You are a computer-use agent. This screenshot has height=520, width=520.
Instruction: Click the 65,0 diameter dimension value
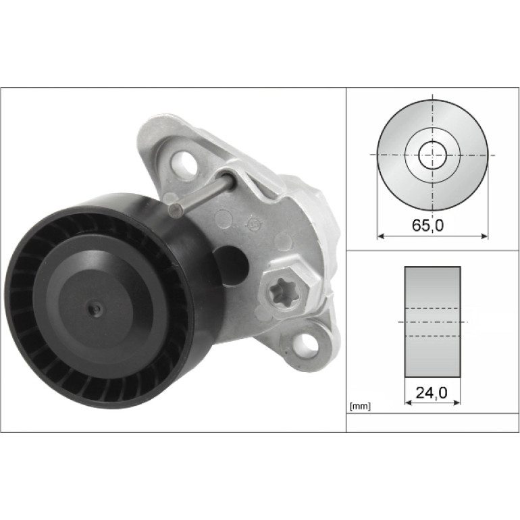pyautogui.click(x=427, y=226)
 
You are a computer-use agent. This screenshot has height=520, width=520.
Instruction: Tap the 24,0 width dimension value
pyautogui.click(x=432, y=393)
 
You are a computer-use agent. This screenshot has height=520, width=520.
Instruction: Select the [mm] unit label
pyautogui.click(x=360, y=407)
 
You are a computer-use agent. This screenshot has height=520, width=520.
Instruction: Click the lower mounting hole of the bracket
pyautogui.click(x=303, y=343)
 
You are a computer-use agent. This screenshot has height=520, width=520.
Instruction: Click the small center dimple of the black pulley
pyautogui.click(x=95, y=309)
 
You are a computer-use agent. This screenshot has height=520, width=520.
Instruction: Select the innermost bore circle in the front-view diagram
pyautogui.click(x=432, y=155)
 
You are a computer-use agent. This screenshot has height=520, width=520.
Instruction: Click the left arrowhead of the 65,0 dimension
pyautogui.click(x=381, y=236)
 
